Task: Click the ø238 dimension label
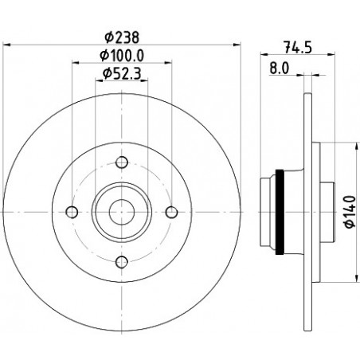pyautogui.click(x=122, y=37)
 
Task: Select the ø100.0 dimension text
pyautogui.click(x=122, y=56)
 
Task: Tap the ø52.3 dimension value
pyautogui.click(x=122, y=74)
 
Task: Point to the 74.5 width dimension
pyautogui.click(x=298, y=47)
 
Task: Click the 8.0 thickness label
pyautogui.click(x=280, y=68)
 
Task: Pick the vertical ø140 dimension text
pyautogui.click(x=350, y=212)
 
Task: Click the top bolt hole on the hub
pyautogui.click(x=122, y=162)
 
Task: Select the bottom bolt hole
pyautogui.click(x=122, y=262)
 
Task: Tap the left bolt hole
pyautogui.click(x=72, y=212)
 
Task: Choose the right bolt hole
pyautogui.click(x=172, y=212)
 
